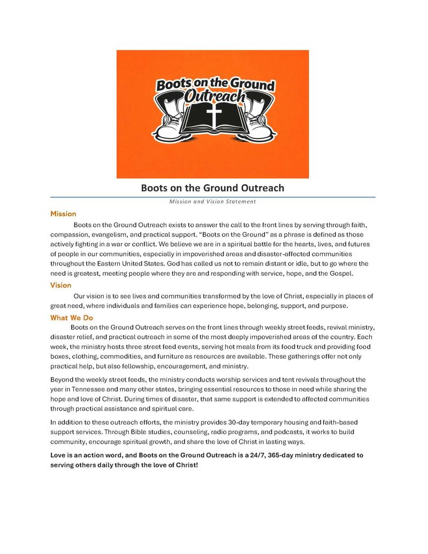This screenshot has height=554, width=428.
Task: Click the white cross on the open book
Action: [x=213, y=115]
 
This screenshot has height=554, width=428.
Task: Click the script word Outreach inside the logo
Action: [x=215, y=97]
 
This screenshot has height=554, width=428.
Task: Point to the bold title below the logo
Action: [x=212, y=188]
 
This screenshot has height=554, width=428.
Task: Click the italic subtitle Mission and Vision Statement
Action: [x=212, y=202]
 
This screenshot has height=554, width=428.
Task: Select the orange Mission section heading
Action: [x=63, y=214]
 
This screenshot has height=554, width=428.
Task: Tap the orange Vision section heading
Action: [x=61, y=285]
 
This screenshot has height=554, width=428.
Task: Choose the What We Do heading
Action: [x=72, y=318]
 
